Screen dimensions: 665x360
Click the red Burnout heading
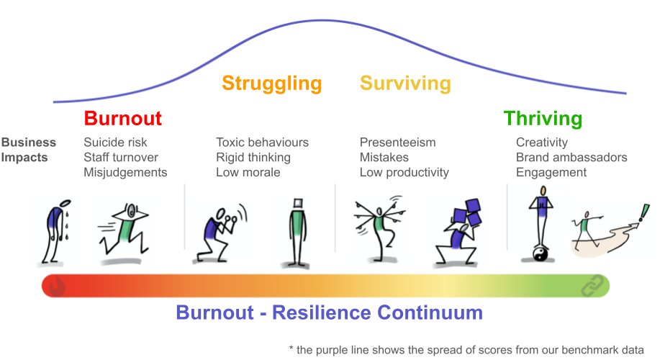pyautogui.click(x=123, y=118)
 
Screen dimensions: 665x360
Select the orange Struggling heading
pyautogui.click(x=272, y=84)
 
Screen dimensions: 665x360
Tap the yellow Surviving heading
pyautogui.click(x=405, y=84)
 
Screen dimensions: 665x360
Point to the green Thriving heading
pyautogui.click(x=543, y=119)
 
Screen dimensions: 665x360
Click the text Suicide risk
pyautogui.click(x=115, y=143)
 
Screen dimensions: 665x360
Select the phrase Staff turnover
pyautogui.click(x=121, y=157)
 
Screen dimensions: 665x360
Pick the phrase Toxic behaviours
pyautogui.click(x=263, y=143)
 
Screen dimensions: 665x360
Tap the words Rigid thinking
pyautogui.click(x=253, y=158)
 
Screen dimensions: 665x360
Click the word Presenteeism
pyautogui.click(x=397, y=143)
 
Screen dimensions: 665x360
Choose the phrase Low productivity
pyautogui.click(x=404, y=172)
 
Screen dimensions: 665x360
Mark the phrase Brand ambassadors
pyautogui.click(x=571, y=157)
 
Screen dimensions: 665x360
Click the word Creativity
pyautogui.click(x=542, y=143)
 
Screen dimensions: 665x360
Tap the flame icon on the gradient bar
pyautogui.click(x=57, y=286)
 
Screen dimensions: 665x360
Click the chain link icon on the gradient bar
pyautogui.click(x=592, y=286)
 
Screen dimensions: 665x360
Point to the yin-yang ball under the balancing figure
pyautogui.click(x=540, y=254)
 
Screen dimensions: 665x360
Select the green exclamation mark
pyautogui.click(x=644, y=212)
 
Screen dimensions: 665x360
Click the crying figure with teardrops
pyautogui.click(x=55, y=231)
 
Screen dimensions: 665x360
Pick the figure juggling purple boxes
pyautogui.click(x=460, y=231)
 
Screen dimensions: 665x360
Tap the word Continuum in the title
pyautogui.click(x=430, y=312)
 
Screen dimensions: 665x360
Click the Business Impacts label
pyautogui.click(x=28, y=150)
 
